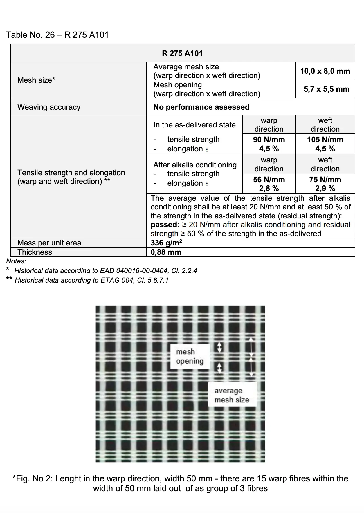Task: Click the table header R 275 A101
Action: point(182,53)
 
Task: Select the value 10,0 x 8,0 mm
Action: point(325,71)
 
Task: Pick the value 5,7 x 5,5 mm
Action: point(327,89)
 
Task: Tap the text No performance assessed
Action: point(201,107)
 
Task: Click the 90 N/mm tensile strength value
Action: point(269,140)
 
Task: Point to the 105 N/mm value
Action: point(325,140)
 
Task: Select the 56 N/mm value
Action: point(269,180)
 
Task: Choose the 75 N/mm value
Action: point(325,180)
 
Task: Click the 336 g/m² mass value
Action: point(166,243)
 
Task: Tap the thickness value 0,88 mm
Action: point(166,252)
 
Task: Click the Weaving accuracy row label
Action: point(49,107)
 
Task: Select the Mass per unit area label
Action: point(49,243)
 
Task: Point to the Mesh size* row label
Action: point(36,80)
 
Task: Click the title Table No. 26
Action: point(30,35)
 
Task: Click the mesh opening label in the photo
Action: point(190,356)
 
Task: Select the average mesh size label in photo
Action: point(232,395)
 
